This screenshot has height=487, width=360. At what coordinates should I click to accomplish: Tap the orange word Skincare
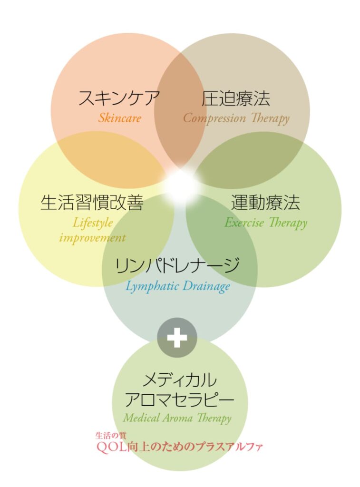point(119,118)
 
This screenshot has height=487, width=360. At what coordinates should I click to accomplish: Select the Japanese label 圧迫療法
point(236,98)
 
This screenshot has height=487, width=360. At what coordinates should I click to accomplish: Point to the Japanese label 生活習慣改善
point(92,203)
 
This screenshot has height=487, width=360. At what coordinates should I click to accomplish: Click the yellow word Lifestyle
point(93,222)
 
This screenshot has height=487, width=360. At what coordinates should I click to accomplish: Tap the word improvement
point(93,238)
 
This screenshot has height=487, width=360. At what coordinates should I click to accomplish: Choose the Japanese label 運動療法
point(265,203)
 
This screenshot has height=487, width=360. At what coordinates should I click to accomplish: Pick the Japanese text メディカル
point(180,380)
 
